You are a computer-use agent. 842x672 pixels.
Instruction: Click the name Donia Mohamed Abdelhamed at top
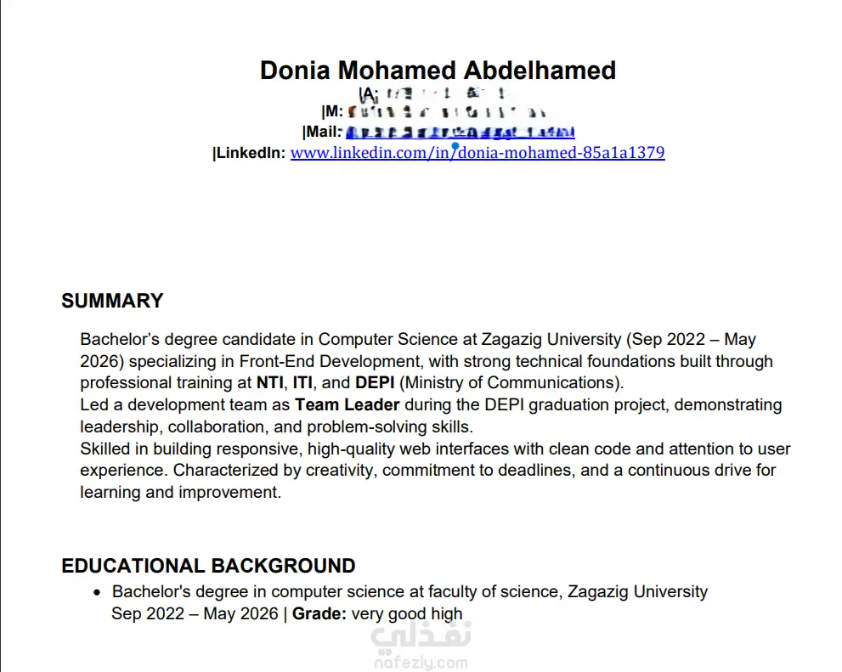click(438, 70)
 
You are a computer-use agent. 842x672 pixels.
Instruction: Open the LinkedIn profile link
click(477, 153)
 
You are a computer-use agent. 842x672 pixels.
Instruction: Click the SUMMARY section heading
click(112, 301)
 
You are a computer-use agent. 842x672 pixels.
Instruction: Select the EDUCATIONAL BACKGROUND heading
click(208, 566)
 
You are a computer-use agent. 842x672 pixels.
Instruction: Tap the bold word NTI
click(270, 382)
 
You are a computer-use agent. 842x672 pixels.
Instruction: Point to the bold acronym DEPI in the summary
click(375, 382)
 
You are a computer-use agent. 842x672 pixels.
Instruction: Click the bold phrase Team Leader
click(347, 404)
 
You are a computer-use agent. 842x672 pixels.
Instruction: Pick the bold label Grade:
click(319, 613)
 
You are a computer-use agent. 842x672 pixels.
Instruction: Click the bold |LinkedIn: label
click(249, 153)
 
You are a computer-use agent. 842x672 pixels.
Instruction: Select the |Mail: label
click(322, 132)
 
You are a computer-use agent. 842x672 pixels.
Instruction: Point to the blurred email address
click(460, 132)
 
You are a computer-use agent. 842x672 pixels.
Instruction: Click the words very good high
click(407, 613)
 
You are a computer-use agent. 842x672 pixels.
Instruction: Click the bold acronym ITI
click(302, 382)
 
